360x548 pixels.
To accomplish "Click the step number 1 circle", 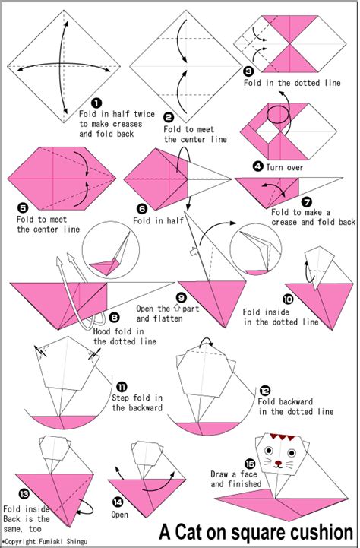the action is [96, 103].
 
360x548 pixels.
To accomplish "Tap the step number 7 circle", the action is [307, 201].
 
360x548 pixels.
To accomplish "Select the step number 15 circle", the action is [250, 464].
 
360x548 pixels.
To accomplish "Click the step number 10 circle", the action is [288, 299].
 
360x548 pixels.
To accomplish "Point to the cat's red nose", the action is [278, 463].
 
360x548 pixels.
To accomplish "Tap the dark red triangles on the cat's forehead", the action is [283, 437].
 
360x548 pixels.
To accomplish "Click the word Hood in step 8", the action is [103, 331].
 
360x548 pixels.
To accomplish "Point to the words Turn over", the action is [285, 167].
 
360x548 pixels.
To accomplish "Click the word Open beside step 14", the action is [119, 515].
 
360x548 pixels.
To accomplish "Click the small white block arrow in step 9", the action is [194, 251].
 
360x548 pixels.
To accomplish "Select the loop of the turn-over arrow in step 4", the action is [278, 115].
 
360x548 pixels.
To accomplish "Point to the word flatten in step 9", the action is [169, 318].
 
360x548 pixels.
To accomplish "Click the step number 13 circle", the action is [24, 494].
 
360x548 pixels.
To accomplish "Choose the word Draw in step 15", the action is [219, 474].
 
